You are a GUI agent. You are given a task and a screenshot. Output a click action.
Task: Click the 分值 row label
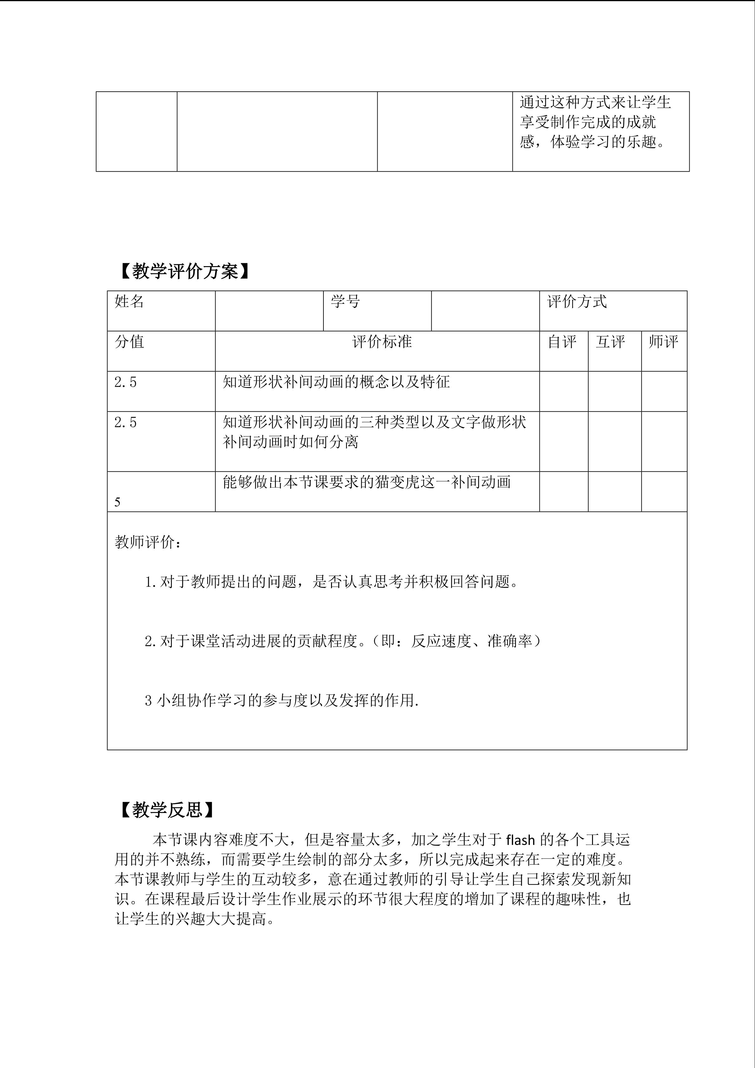(x=129, y=342)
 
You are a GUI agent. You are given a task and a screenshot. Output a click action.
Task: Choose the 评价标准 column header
(x=382, y=342)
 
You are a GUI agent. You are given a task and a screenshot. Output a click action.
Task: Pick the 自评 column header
(x=562, y=342)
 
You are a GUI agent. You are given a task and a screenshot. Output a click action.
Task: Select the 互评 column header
(x=610, y=342)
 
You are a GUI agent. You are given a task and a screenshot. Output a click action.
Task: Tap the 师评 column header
(x=663, y=342)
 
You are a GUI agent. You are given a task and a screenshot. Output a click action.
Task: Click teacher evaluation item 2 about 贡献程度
(x=343, y=641)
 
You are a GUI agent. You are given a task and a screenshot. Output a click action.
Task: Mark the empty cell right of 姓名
(x=269, y=311)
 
